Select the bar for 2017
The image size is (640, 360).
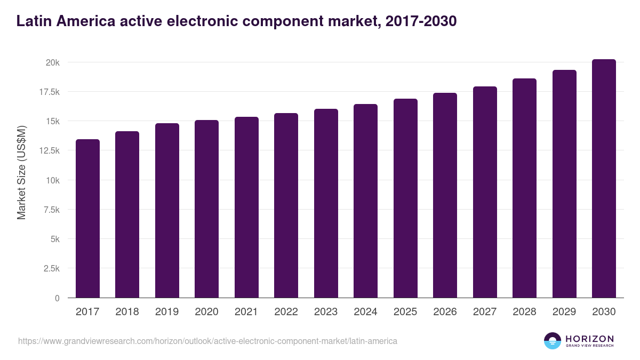coord(87,219)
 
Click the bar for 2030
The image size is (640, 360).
coord(604,179)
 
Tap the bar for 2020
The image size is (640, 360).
coord(206,209)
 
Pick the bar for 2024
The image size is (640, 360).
coord(365,201)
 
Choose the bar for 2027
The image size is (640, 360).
coord(485,192)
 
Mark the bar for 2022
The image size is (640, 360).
coord(286,205)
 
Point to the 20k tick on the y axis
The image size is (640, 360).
coord(52,62)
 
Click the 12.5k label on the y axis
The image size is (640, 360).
coord(49,151)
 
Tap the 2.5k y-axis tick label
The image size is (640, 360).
coord(51,268)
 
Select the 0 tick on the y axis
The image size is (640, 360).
coord(57,298)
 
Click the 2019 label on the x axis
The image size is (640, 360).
coord(167,312)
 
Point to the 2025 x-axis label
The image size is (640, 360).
coord(405,312)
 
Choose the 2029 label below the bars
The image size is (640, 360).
coord(564,312)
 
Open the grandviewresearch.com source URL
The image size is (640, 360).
coord(207,341)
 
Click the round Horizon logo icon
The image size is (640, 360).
coord(552,341)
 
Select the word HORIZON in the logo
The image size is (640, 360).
coord(589,338)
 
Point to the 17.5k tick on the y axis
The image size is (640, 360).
coord(49,92)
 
